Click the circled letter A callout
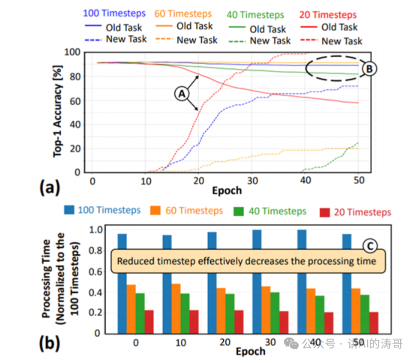click(x=181, y=93)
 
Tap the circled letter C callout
click(x=370, y=245)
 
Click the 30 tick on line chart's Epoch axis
click(x=252, y=180)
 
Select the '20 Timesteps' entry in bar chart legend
click(x=355, y=212)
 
